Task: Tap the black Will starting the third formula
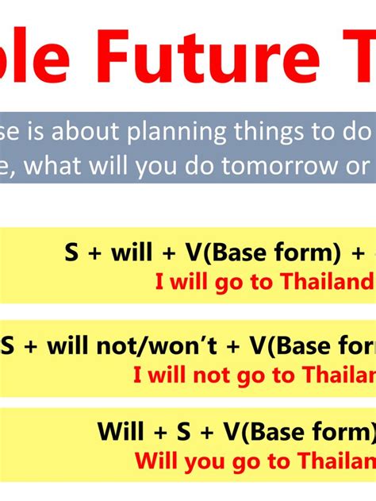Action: [x=119, y=432]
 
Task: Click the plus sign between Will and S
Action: [x=161, y=432]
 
